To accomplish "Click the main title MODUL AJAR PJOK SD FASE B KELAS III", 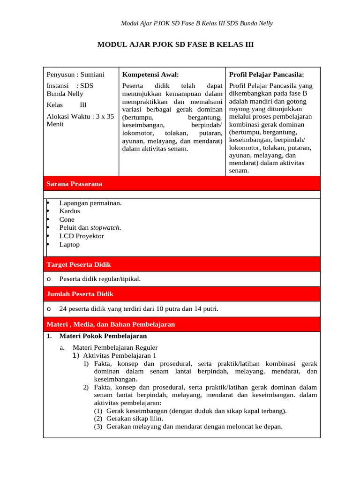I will point(175,45).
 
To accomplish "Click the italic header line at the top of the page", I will point(197,23).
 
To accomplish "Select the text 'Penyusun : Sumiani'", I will point(75,75).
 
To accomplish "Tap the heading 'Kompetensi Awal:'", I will point(150,75).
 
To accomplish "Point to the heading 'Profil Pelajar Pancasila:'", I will point(266,75).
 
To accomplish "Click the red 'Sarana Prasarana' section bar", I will point(182,184).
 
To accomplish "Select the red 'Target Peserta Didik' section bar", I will point(182,264).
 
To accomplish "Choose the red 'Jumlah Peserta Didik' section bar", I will point(182,294).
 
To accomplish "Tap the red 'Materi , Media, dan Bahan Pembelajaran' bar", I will point(182,324).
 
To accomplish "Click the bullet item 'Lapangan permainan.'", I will point(90,203).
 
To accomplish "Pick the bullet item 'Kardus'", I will point(69,211).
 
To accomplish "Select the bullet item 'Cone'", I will point(67,219).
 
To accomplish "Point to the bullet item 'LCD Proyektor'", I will point(82,236).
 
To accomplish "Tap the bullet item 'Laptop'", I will point(69,245).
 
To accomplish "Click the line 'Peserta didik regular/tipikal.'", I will point(100,279).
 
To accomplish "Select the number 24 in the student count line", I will point(63,309).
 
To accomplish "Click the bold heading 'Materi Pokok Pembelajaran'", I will point(103,336).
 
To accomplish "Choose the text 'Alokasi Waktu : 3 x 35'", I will point(80,116).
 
